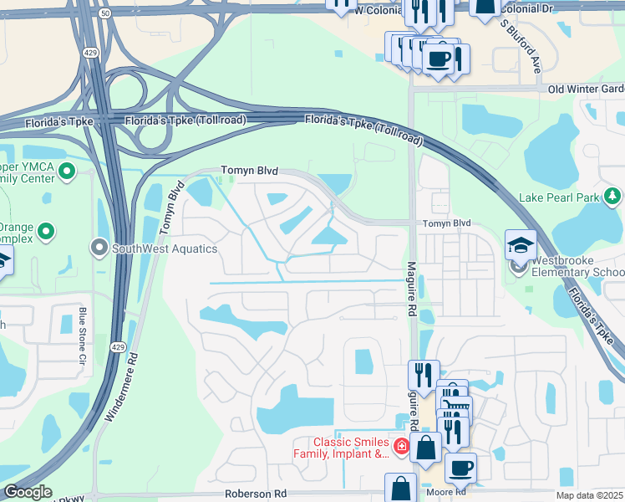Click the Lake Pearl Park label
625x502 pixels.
pyautogui.click(x=559, y=197)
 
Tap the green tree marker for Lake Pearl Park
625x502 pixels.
pyautogui.click(x=612, y=197)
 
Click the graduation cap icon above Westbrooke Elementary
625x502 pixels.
pyautogui.click(x=521, y=244)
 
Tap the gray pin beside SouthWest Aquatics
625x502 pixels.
pyautogui.click(x=99, y=248)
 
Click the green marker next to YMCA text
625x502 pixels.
pyautogui.click(x=68, y=173)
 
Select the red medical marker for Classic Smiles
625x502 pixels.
pyautogui.click(x=402, y=448)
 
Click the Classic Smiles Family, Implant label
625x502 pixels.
pyautogui.click(x=351, y=448)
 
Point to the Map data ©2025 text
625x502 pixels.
pyautogui.click(x=588, y=495)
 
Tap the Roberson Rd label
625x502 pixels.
pyautogui.click(x=256, y=494)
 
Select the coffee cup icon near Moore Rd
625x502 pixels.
pyautogui.click(x=460, y=468)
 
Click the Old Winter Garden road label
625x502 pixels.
pyautogui.click(x=586, y=89)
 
